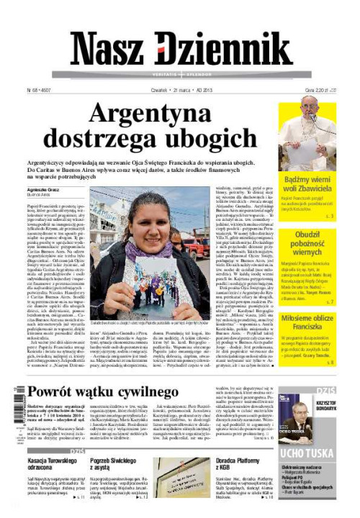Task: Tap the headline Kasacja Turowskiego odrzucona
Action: click(48, 466)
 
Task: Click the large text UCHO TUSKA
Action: click(307, 453)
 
